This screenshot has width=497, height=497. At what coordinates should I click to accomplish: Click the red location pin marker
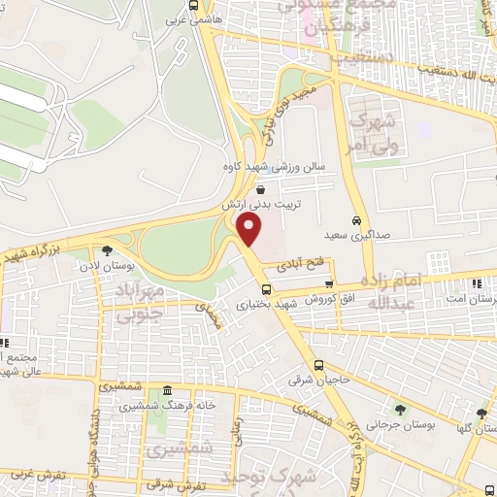(x=249, y=230)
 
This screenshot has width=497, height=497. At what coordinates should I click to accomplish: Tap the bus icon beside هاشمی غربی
(x=193, y=6)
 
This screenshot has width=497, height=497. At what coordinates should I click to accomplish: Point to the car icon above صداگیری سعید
(x=356, y=219)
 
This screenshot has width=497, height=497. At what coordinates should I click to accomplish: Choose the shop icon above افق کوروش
(x=330, y=283)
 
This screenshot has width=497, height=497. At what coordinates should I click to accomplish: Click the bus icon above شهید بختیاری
(x=265, y=288)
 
